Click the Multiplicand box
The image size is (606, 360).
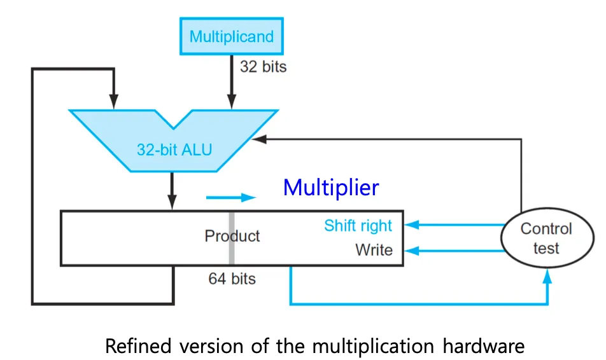(232, 36)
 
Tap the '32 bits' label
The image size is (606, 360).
(263, 66)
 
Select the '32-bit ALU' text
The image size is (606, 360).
(174, 149)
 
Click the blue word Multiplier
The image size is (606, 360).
(331, 188)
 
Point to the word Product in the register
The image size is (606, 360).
(232, 236)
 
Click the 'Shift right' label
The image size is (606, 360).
(358, 226)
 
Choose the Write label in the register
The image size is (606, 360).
(374, 250)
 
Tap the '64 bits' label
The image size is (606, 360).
(232, 279)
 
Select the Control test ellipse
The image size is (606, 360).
(547, 237)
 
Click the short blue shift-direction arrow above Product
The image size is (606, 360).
(230, 198)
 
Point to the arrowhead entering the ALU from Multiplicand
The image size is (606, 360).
(232, 101)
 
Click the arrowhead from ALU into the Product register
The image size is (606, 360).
(172, 202)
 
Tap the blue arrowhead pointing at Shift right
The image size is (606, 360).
(412, 225)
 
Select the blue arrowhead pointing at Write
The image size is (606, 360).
(412, 251)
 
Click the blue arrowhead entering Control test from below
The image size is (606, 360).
(547, 276)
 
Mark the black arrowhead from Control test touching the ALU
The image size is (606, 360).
(259, 139)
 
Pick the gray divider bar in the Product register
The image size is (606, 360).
(232, 238)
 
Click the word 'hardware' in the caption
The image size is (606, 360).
(484, 346)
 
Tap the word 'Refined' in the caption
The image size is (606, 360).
(138, 346)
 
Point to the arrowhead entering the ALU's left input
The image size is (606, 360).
(113, 101)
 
